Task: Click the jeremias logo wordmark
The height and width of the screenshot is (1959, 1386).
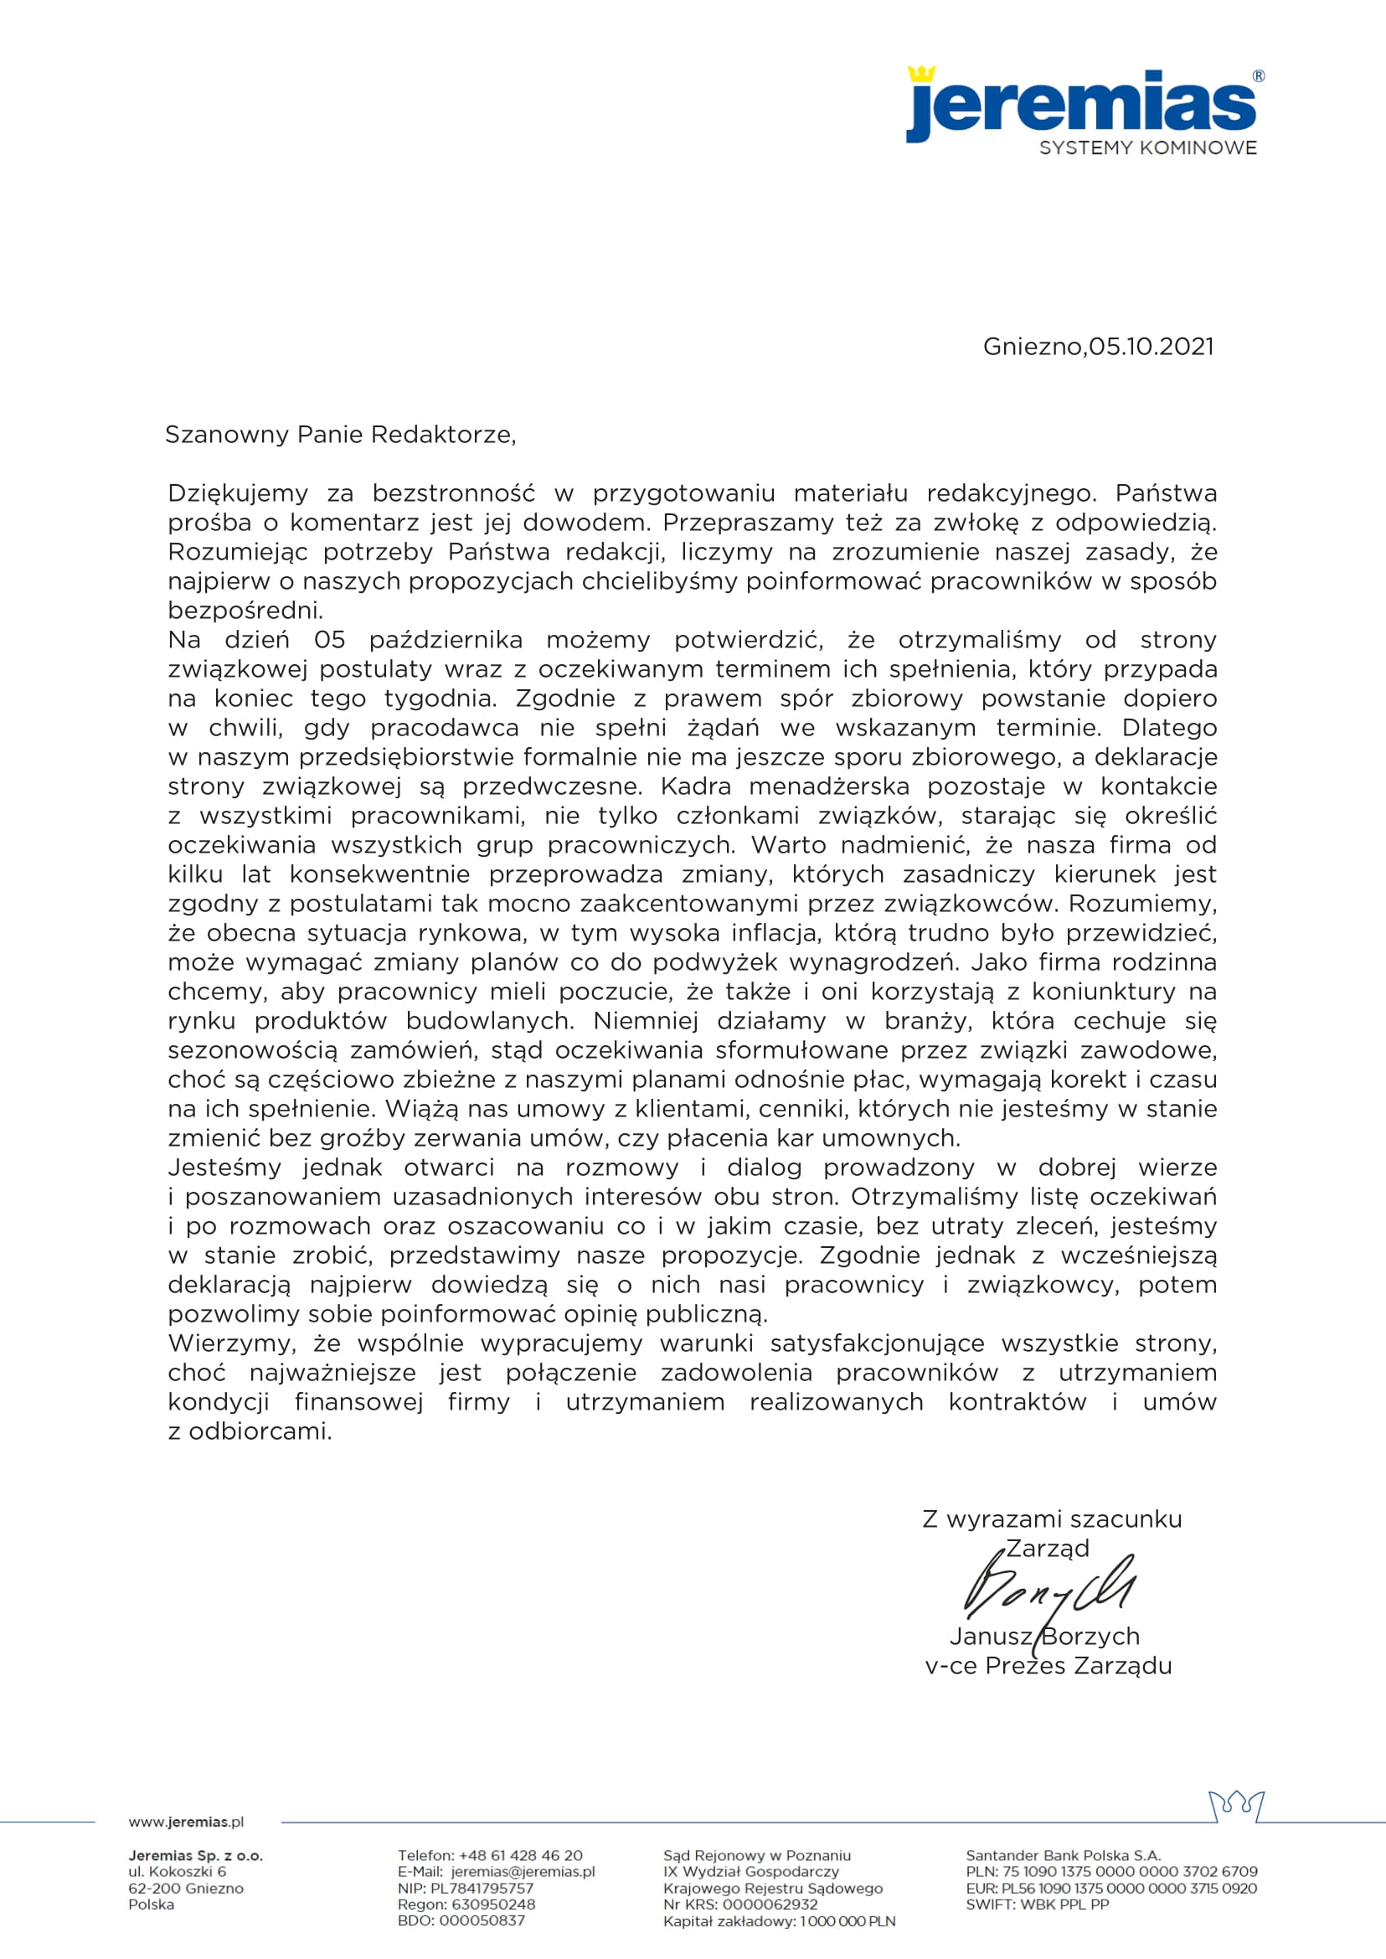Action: [1080, 106]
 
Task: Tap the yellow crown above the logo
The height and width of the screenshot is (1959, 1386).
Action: [921, 74]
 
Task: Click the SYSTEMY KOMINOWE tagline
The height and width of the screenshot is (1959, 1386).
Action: [1147, 147]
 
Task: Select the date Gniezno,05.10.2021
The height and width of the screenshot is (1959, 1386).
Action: [1098, 347]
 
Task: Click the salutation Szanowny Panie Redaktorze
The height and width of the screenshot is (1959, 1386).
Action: [340, 435]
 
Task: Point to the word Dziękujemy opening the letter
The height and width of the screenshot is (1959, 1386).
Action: [237, 493]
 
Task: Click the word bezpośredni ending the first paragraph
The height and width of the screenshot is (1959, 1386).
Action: [245, 611]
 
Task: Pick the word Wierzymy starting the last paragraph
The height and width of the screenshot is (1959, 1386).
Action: [231, 1343]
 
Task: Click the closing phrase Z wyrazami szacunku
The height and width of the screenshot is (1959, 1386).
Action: [1052, 1519]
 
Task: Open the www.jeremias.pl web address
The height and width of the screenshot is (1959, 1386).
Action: [186, 1822]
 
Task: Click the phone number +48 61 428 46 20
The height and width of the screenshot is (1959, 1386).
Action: [521, 1856]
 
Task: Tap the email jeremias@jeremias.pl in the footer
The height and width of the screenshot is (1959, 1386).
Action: [523, 1872]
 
